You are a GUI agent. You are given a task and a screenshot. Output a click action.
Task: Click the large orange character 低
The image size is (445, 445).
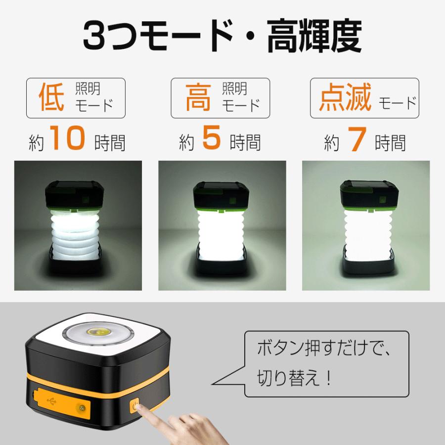(x=51, y=97)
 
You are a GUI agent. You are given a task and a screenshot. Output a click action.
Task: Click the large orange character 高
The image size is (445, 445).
(x=198, y=97)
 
